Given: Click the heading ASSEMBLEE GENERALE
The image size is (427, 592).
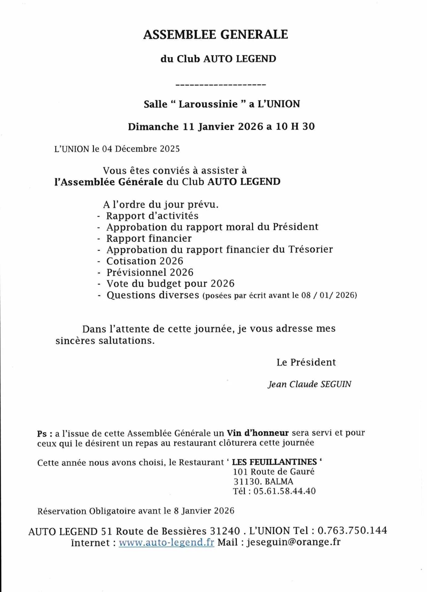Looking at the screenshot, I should pos(215,35).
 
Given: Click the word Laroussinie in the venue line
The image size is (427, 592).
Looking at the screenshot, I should pos(208,104).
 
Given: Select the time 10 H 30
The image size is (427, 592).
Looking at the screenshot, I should pos(295,127).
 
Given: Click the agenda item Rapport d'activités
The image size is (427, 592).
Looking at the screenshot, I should pos(152,216).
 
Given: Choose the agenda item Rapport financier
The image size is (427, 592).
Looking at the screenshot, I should pos(149,238).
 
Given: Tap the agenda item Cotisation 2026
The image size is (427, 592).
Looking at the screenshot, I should pos(145,261).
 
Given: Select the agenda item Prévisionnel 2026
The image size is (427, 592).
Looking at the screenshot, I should pos(150,273).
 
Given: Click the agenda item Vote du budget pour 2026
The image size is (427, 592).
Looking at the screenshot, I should pos(170,284).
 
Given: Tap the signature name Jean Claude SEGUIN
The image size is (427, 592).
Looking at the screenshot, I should pos(309,384).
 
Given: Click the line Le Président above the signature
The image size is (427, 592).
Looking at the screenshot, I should pos(306,362).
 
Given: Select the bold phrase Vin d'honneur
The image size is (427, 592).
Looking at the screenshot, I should pos(258,433).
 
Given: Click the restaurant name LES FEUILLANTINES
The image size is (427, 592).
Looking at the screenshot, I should pos(274,462).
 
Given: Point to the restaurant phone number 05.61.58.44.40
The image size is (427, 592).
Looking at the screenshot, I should pos(284,491).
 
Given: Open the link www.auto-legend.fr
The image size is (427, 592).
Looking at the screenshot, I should pos(166,543).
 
